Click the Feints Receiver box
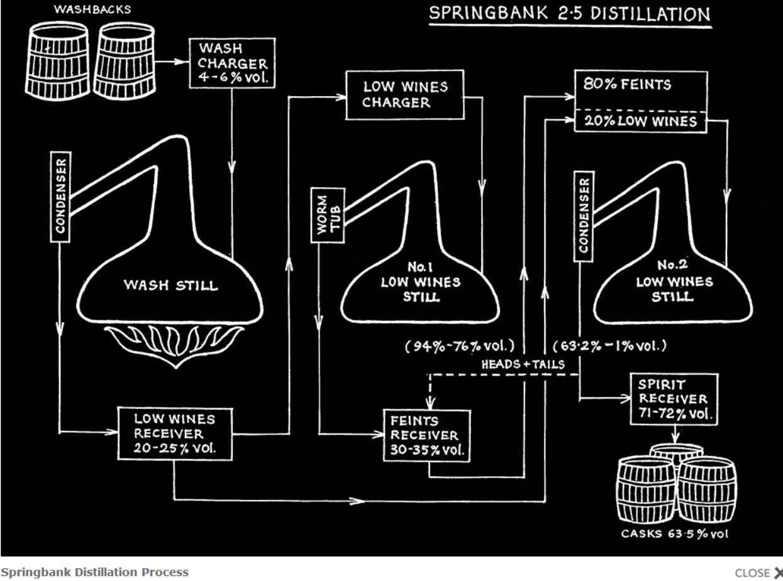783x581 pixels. pyautogui.click(x=428, y=435)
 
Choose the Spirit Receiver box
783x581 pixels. pyautogui.click(x=674, y=399)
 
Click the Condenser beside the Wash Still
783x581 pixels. pyautogui.click(x=61, y=195)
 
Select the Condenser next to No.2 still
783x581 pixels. pyautogui.click(x=584, y=214)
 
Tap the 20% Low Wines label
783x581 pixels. pyautogui.click(x=641, y=122)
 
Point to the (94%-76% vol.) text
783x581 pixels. pyautogui.click(x=460, y=345)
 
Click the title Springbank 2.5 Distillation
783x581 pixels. pyautogui.click(x=569, y=14)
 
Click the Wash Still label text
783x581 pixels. pyautogui.click(x=171, y=286)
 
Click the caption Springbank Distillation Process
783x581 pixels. pyautogui.click(x=94, y=572)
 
